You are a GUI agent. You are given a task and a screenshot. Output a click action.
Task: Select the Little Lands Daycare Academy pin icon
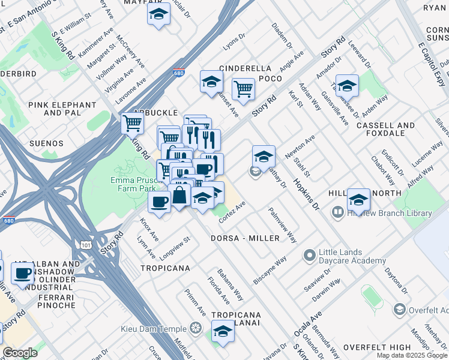pyautogui.click(x=309, y=256)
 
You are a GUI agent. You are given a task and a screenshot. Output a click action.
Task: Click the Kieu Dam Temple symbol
pyautogui.click(x=195, y=328)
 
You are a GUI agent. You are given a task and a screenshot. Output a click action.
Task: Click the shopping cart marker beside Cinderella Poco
pyautogui.click(x=243, y=89)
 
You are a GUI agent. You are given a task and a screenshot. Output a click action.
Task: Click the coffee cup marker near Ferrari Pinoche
pyautogui.click(x=23, y=274)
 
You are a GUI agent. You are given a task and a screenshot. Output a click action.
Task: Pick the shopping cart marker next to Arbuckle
pyautogui.click(x=133, y=124)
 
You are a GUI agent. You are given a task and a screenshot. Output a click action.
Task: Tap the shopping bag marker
pyautogui.click(x=179, y=195)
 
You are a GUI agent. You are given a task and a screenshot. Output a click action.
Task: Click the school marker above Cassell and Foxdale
pyautogui.click(x=347, y=85)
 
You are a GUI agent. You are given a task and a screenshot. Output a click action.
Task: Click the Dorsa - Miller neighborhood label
pyautogui.click(x=245, y=238)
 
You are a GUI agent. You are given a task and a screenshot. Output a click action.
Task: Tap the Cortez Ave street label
pyautogui.click(x=232, y=213)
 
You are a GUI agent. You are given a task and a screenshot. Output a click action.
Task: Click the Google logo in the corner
pyautogui.click(x=20, y=353)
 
